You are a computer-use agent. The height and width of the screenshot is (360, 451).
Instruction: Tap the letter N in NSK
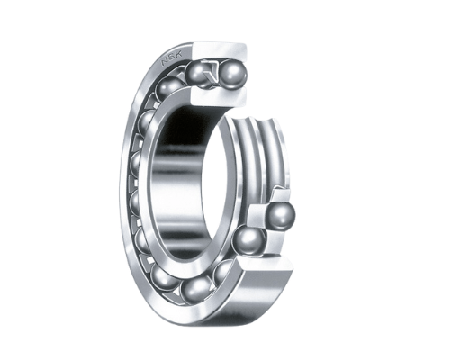165,62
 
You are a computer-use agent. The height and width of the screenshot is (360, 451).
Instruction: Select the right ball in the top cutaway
232,74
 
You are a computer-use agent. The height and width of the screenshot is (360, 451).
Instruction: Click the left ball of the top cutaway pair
196,75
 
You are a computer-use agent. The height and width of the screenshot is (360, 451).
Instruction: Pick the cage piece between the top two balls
212,73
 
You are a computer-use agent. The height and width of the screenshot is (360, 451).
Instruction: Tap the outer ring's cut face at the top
221,51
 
